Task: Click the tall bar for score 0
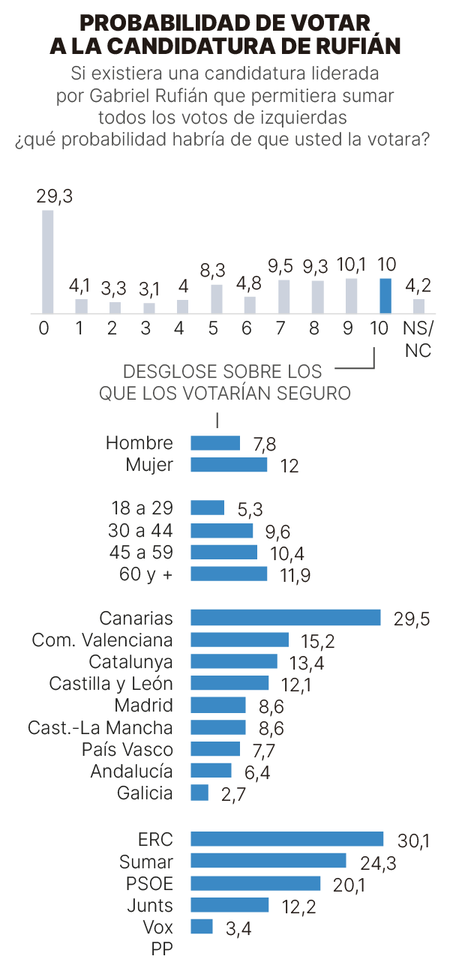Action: pyautogui.click(x=47, y=261)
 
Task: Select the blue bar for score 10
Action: pyautogui.click(x=385, y=295)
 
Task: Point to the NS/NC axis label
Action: pyautogui.click(x=418, y=339)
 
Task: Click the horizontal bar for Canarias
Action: pyautogui.click(x=286, y=617)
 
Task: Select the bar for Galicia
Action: pyautogui.click(x=199, y=793)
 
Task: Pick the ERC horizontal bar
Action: pyautogui.click(x=287, y=838)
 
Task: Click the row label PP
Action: pyautogui.click(x=162, y=949)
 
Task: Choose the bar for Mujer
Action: pyautogui.click(x=229, y=465)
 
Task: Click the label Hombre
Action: pyautogui.click(x=139, y=443)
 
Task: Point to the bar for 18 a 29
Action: pyautogui.click(x=208, y=508)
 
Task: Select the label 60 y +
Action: pyautogui.click(x=142, y=574)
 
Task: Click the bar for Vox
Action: pyautogui.click(x=202, y=927)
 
